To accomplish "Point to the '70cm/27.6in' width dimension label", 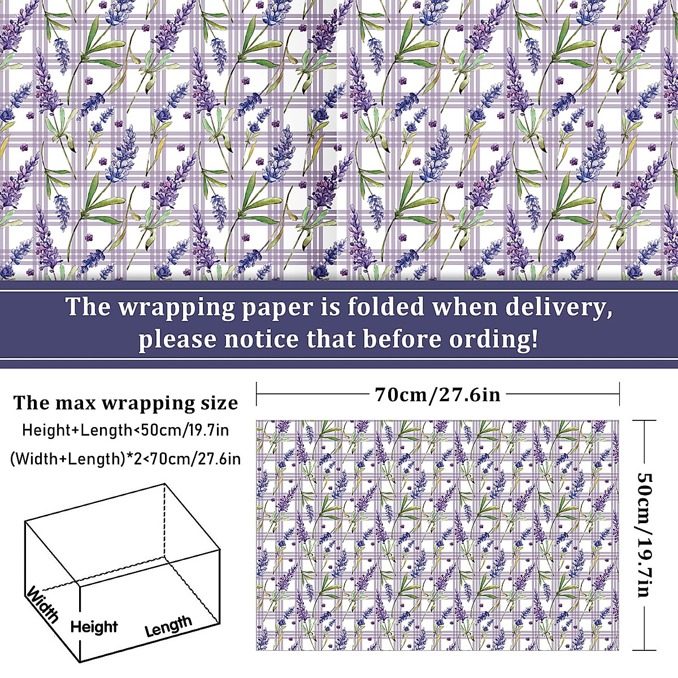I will click(x=438, y=394).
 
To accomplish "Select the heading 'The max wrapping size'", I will click(x=125, y=403).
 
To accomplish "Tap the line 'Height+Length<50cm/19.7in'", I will click(x=125, y=430).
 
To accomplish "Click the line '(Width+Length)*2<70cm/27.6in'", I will click(x=125, y=458).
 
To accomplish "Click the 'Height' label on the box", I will click(x=94, y=627).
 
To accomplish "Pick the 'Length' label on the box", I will click(x=168, y=625).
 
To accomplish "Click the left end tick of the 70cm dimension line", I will click(x=257, y=394).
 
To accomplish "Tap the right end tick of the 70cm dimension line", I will click(x=620, y=394).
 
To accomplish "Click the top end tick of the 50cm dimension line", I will click(x=644, y=420).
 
